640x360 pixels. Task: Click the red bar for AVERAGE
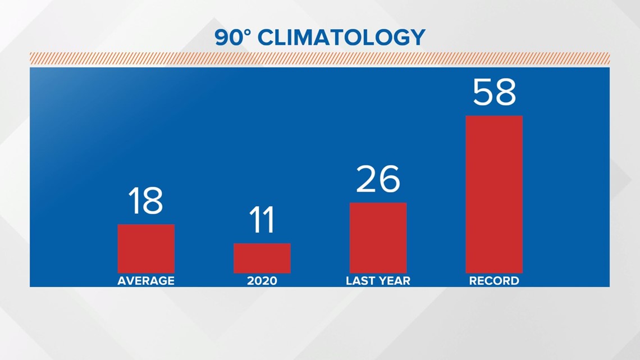point(146,249)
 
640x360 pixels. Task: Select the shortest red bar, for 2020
point(262,258)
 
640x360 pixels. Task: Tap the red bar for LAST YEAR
point(378,238)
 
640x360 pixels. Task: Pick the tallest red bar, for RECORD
point(494,194)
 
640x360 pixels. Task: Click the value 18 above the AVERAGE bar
point(145,201)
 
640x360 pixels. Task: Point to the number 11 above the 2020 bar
point(262,220)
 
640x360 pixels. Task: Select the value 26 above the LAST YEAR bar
point(378,179)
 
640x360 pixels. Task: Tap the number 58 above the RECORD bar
point(494,92)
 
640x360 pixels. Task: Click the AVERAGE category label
point(146,281)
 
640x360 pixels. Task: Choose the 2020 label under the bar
point(262,281)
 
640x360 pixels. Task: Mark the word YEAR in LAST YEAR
point(394,281)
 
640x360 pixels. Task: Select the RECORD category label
point(494,281)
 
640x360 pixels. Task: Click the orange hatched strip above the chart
point(319,58)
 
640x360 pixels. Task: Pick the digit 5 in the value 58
point(483,92)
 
